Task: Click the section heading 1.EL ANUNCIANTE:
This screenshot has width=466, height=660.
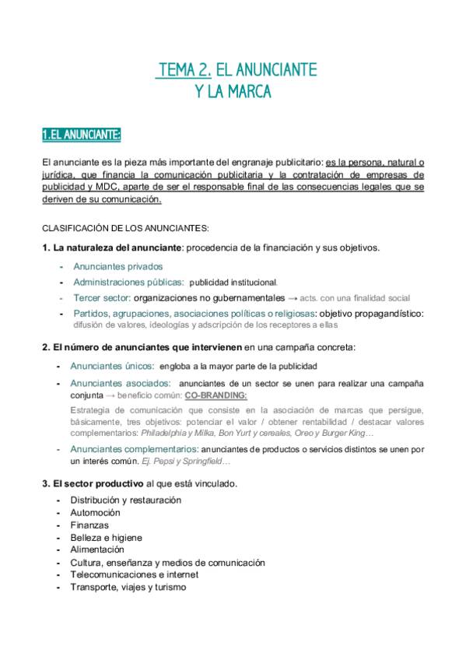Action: (82, 135)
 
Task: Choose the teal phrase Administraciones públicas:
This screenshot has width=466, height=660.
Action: (128, 282)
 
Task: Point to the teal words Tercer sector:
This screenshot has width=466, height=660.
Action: (102, 297)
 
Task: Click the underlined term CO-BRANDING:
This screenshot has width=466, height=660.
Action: (215, 395)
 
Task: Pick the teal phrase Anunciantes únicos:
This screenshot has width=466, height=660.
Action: (112, 365)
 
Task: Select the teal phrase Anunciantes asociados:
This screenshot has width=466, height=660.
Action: (121, 383)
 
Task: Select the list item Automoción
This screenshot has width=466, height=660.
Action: (95, 512)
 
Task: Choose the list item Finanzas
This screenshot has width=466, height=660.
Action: (89, 525)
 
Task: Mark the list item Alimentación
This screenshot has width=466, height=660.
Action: (97, 549)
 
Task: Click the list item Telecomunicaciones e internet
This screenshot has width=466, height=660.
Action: (134, 574)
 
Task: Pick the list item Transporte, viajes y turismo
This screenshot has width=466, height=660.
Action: (128, 587)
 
